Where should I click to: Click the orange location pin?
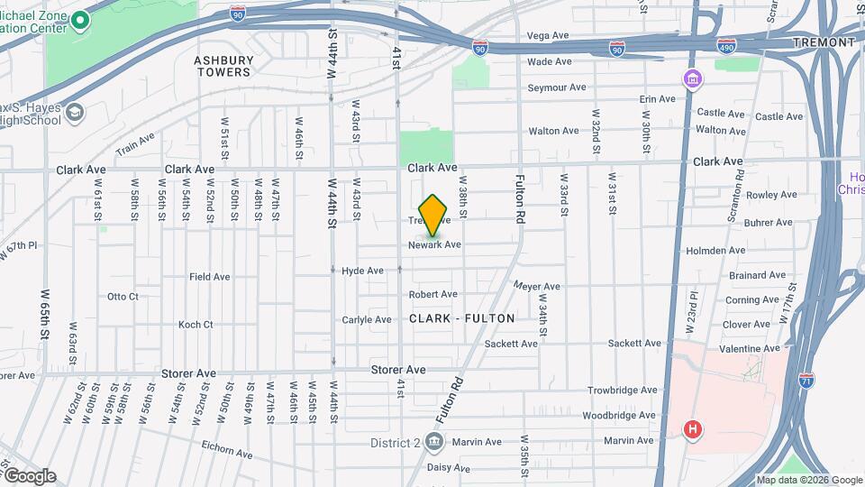(433, 215)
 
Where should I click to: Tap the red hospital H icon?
(693, 429)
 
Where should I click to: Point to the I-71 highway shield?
(806, 381)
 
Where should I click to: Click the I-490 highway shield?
(726, 44)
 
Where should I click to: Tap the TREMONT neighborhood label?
(824, 42)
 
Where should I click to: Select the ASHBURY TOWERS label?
(223, 66)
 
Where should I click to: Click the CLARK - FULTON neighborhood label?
(462, 318)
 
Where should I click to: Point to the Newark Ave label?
(434, 244)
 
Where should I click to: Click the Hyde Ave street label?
(362, 271)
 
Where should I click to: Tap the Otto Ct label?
(123, 296)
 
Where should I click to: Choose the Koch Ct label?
(196, 325)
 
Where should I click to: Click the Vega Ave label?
(548, 36)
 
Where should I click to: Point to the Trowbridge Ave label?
(622, 391)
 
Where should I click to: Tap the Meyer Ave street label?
(537, 287)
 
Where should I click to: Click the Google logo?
(29, 476)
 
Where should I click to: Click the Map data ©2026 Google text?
(808, 480)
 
